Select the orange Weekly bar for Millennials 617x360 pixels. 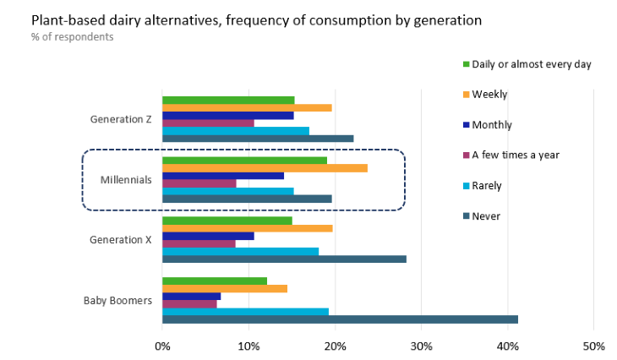[265, 167]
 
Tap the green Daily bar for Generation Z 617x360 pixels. [228, 100]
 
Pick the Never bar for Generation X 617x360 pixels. [284, 259]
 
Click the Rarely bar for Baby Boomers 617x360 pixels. [245, 311]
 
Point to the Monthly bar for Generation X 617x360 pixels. [208, 236]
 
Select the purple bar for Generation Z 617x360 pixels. [208, 123]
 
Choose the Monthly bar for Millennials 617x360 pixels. [223, 175]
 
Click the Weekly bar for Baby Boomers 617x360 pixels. [225, 288]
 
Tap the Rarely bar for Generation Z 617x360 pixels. [236, 130]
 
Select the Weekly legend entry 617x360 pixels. [489, 95]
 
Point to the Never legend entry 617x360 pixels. [485, 215]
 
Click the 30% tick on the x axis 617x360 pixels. [421, 346]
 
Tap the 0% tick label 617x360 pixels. [162, 346]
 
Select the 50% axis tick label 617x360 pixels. [593, 346]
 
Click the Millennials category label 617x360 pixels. [126, 179]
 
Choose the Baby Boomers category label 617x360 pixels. [117, 300]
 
